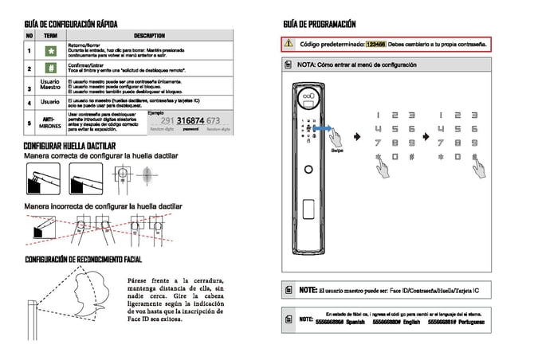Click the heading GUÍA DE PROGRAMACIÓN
click(x=319, y=24)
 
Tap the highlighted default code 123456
click(x=376, y=44)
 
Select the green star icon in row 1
click(x=50, y=52)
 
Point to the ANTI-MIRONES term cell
click(x=50, y=121)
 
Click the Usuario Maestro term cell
click(x=50, y=85)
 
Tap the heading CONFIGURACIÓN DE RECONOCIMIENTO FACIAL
click(x=83, y=260)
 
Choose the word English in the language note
click(x=411, y=323)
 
